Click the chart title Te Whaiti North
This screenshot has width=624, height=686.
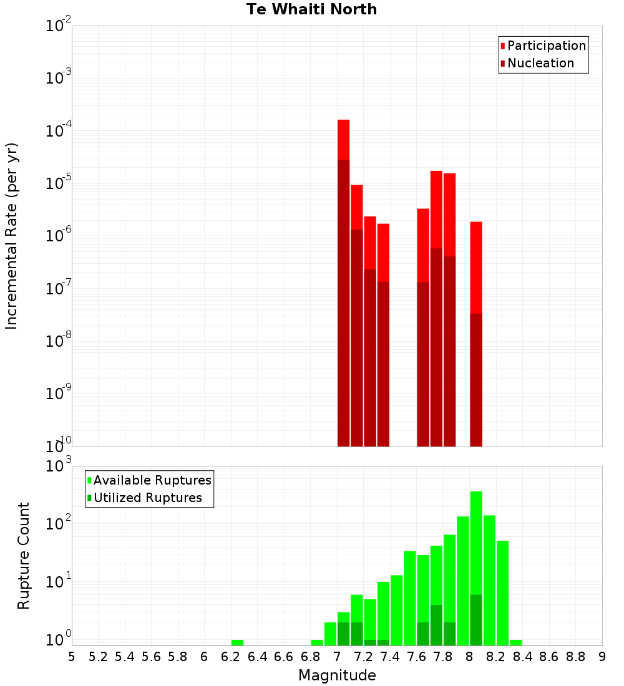coord(311,9)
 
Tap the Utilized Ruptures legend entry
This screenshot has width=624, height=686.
coord(147,498)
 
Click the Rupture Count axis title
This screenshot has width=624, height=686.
coord(24,556)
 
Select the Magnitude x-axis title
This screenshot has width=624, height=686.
coord(337,675)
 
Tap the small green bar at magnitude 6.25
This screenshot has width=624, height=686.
coord(237,642)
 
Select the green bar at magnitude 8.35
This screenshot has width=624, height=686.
coord(515,642)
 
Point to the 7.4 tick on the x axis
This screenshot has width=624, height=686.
coord(390,657)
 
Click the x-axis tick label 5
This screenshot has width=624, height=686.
coord(72,657)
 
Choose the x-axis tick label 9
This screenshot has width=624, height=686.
coord(602,657)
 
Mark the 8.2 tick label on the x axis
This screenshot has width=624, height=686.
coord(496,657)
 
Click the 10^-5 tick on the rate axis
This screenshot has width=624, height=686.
coord(59,183)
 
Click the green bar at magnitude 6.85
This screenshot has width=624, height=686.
coord(317,642)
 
